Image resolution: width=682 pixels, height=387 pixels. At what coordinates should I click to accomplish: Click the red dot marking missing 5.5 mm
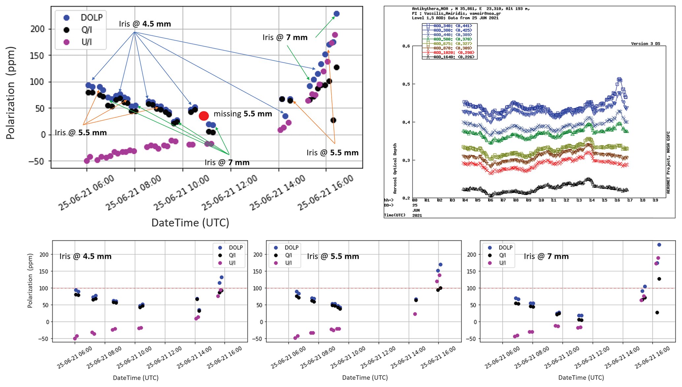204,116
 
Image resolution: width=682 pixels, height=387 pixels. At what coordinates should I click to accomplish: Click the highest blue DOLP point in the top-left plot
337,14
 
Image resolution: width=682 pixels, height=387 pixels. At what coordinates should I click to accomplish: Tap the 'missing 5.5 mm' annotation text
243,114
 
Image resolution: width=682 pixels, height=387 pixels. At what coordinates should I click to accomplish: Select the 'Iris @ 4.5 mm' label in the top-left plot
145,24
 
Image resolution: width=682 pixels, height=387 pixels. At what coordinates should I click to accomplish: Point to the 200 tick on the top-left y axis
37,29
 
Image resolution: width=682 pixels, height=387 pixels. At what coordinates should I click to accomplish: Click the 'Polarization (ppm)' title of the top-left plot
11,93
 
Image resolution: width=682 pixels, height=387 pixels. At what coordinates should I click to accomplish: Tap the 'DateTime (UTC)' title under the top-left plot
190,223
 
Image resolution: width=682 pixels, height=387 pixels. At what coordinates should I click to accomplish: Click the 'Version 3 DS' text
645,44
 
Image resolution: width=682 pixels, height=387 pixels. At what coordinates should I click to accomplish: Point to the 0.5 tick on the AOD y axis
406,84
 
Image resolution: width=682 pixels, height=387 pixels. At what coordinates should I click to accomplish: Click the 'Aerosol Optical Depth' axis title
395,168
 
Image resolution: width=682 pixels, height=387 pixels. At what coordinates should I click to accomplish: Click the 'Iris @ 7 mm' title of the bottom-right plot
546,256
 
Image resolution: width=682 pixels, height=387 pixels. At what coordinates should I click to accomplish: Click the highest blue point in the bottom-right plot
659,245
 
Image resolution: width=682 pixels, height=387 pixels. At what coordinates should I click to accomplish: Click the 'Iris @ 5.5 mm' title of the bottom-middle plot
333,256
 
